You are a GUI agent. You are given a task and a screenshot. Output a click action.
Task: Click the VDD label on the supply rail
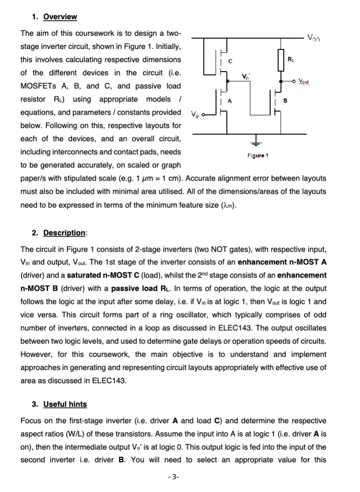(x=313, y=37)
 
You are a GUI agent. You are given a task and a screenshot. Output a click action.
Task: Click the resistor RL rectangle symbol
(x=281, y=60)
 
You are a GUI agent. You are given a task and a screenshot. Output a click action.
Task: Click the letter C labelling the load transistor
(x=230, y=61)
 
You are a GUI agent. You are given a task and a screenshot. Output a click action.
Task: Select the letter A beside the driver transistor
(x=230, y=101)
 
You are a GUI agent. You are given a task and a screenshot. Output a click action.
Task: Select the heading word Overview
(x=60, y=17)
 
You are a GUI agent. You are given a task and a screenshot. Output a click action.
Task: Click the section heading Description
(x=65, y=233)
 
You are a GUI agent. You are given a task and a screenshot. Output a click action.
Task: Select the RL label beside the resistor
(x=292, y=59)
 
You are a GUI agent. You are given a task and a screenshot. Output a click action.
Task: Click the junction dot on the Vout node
(x=281, y=81)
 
